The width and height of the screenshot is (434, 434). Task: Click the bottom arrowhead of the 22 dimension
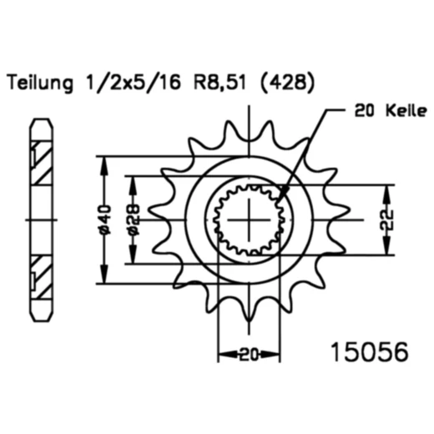point(388,252)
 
